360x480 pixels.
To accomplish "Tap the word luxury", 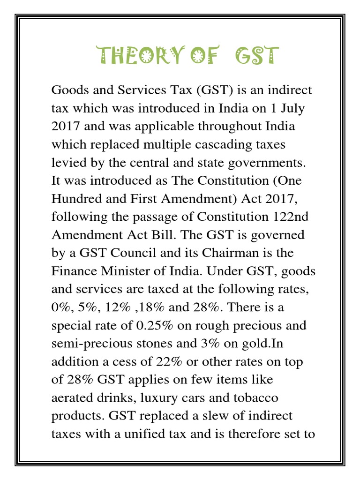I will coord(160,397).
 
